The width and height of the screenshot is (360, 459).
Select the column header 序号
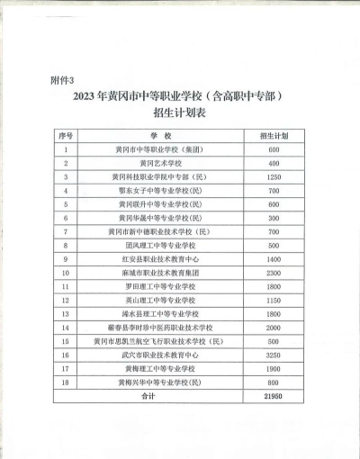pyautogui.click(x=67, y=134)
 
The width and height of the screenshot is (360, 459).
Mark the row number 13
pyautogui.click(x=67, y=313)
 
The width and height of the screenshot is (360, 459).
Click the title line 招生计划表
pyautogui.click(x=180, y=113)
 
